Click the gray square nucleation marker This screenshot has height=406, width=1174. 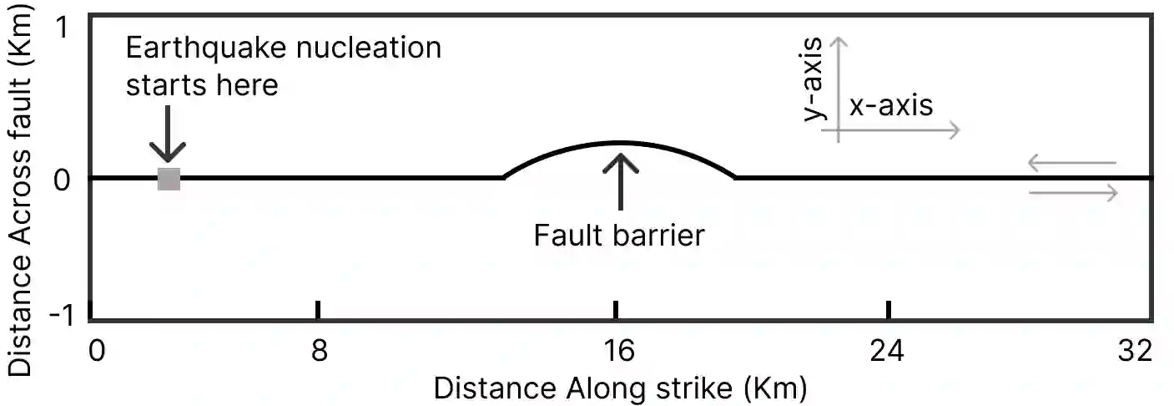point(169,179)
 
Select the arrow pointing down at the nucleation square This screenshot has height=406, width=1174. point(167,134)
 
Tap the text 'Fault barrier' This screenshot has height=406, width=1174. point(619,236)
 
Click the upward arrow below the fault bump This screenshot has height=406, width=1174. point(620,180)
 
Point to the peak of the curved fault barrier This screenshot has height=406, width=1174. point(619,143)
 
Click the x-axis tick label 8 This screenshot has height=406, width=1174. point(318,351)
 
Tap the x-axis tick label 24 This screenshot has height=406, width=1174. point(888,351)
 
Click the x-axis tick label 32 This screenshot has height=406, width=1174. point(1135,351)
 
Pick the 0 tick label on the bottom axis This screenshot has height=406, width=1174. point(97,351)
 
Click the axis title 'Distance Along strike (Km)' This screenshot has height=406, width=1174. point(620,388)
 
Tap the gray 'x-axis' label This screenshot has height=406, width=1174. point(891,106)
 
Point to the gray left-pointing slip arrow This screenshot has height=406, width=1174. point(1071,163)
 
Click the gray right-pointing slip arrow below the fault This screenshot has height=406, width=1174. point(1073,194)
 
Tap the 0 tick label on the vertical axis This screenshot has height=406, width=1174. point(61,179)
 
